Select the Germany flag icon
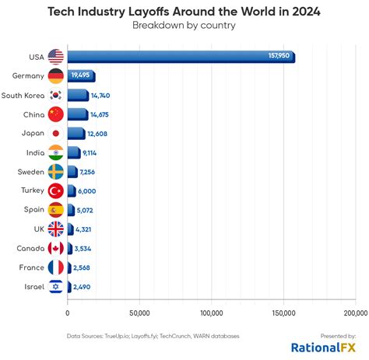coord(55,76)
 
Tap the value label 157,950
coord(278,56)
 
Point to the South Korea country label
coord(23,95)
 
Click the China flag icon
coord(55,114)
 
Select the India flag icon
coord(55,152)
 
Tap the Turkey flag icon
coord(55,190)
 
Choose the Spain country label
coord(32,210)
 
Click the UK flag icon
coord(55,229)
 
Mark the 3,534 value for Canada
coord(84,248)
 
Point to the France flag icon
coord(55,267)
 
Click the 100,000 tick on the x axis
coord(212,313)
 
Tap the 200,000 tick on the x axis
coord(355,313)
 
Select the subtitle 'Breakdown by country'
coord(184,26)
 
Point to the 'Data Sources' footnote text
coord(153,336)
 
